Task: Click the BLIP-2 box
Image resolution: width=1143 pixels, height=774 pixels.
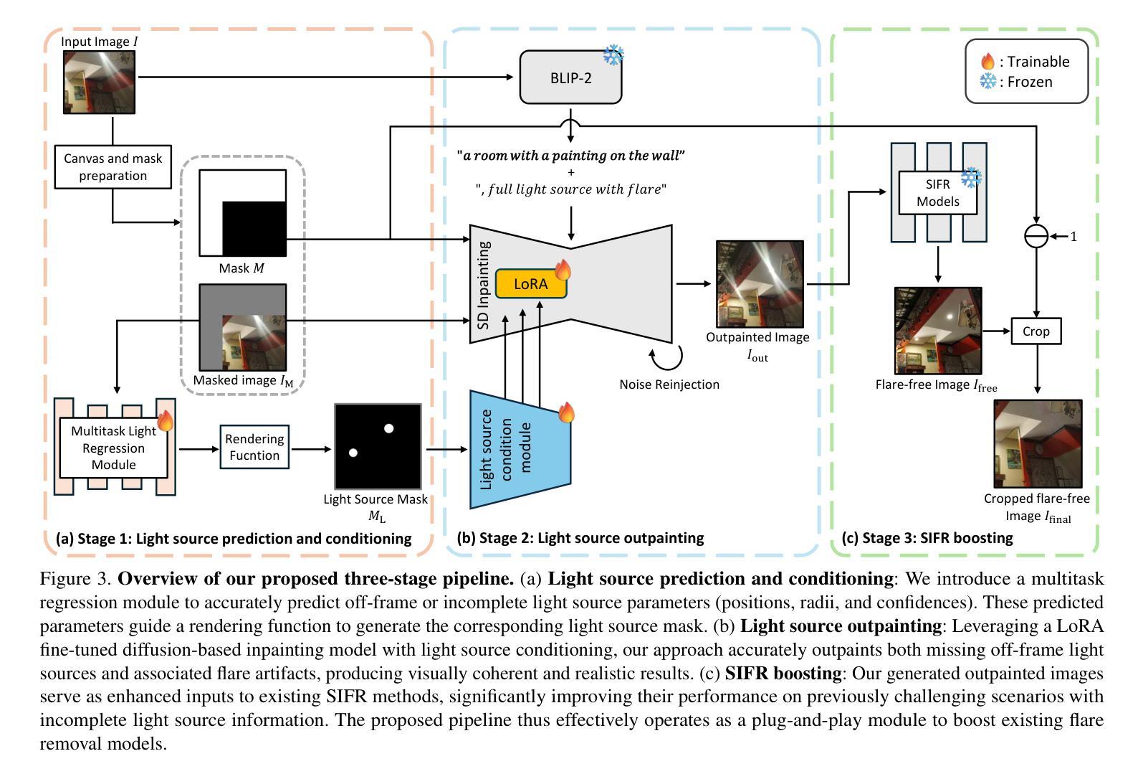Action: tap(570, 77)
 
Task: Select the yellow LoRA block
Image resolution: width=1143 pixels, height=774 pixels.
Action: tap(531, 284)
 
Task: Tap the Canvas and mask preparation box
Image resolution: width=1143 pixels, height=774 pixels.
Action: tap(113, 167)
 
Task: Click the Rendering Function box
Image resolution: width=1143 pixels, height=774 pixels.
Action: tap(254, 447)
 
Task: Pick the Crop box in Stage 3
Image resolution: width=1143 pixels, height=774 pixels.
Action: tap(1036, 331)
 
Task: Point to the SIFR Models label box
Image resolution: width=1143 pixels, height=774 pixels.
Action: tap(937, 193)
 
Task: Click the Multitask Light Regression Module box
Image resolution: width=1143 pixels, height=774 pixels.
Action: tap(113, 448)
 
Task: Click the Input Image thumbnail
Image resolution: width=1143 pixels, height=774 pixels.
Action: tap(99, 82)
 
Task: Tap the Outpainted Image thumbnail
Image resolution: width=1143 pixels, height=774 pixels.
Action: tap(760, 284)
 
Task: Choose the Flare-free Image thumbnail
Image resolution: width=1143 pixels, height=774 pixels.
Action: tap(937, 331)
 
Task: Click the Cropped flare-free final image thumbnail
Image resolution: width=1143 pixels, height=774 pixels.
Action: tap(1037, 444)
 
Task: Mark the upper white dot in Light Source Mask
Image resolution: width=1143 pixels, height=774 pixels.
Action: tap(388, 428)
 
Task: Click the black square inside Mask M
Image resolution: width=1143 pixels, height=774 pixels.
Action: tap(254, 228)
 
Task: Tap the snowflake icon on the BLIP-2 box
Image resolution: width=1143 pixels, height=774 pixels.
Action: tap(613, 55)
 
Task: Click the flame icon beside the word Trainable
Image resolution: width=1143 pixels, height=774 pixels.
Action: tap(988, 62)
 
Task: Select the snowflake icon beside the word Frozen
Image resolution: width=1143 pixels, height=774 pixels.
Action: tap(988, 82)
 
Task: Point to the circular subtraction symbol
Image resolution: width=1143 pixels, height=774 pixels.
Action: tap(1036, 236)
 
